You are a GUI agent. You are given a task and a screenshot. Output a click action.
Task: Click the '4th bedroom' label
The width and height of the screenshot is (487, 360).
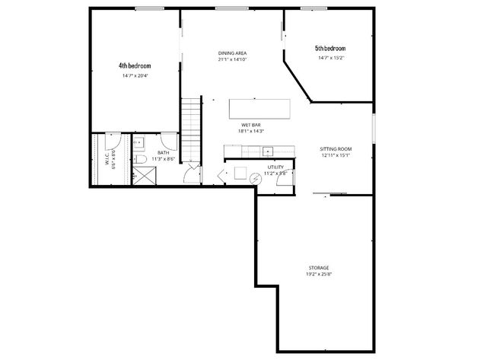pos(134,65)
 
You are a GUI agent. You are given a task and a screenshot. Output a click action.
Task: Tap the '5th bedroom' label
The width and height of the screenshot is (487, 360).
pos(330,48)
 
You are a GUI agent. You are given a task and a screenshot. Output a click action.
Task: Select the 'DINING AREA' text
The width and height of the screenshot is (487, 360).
pos(232,53)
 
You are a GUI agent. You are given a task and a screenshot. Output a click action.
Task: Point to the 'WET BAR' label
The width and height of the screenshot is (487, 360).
pos(251,124)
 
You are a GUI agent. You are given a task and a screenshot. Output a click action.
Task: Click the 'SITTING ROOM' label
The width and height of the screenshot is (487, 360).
pos(335,148)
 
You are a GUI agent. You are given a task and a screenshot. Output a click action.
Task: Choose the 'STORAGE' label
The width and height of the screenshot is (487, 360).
pos(319,268)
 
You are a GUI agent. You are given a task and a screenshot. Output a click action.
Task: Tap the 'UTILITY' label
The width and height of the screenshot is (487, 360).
pos(275,167)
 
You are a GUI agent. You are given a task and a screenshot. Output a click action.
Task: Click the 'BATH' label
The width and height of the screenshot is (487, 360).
pos(164,153)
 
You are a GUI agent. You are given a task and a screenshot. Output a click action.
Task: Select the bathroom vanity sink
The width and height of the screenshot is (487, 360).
pos(141,142)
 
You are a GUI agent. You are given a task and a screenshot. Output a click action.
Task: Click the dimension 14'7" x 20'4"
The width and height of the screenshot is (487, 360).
pos(135,75)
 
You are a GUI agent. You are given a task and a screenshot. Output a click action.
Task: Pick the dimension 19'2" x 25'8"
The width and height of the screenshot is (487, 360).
pos(319,274)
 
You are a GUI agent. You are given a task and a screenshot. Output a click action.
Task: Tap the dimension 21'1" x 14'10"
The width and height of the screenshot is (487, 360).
pos(232,59)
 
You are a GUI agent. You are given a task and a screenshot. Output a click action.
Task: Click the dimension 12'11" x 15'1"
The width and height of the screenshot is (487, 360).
pos(335,155)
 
